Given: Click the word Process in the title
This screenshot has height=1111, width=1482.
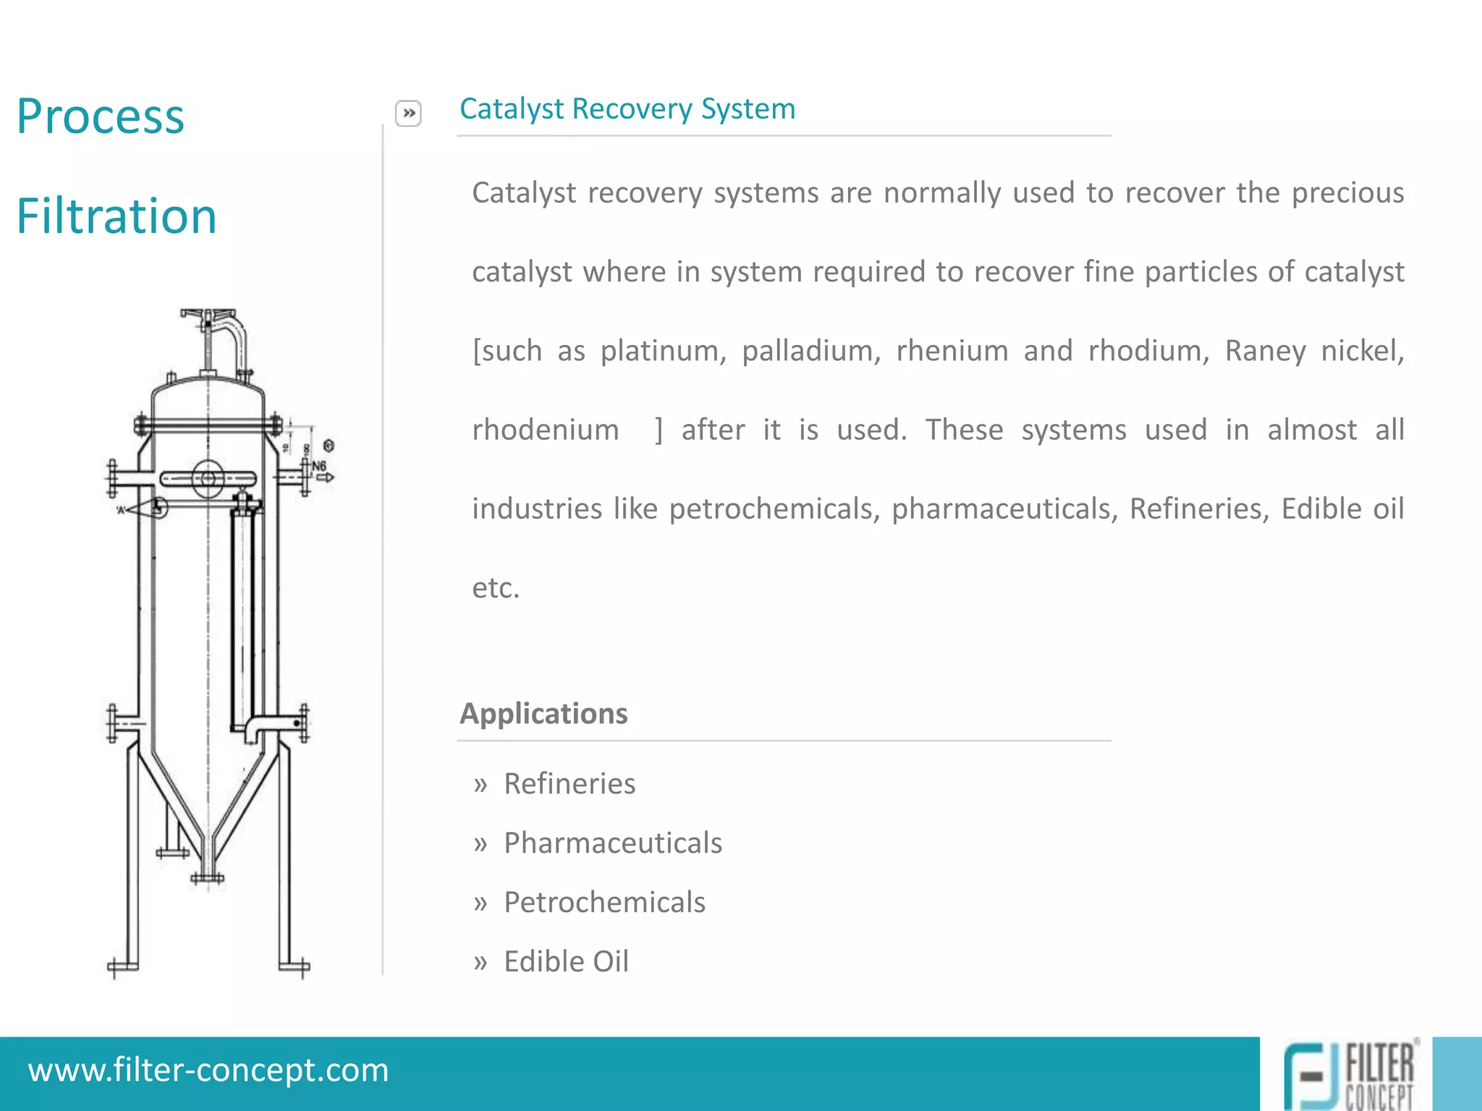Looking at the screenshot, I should (101, 116).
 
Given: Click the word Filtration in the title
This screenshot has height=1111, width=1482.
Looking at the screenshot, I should (117, 216).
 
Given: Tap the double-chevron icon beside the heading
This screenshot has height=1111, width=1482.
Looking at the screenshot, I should (408, 114).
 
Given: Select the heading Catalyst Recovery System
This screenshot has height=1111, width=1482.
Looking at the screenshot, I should (627, 109).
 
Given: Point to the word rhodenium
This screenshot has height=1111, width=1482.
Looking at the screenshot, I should (546, 430).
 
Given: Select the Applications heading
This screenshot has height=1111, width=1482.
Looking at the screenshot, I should (543, 714).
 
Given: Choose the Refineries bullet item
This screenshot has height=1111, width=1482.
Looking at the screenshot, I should (569, 784).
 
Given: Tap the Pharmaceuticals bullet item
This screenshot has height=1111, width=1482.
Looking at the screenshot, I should (613, 843).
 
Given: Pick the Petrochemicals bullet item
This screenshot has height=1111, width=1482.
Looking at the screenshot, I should (604, 903).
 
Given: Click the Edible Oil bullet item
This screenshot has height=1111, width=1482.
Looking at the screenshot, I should (566, 962).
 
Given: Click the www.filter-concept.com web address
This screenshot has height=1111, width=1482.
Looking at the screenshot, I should (208, 1070).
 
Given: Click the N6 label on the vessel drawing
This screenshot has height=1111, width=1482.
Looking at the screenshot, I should (319, 467).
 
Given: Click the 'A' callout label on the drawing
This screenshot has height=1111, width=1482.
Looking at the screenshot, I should (121, 511).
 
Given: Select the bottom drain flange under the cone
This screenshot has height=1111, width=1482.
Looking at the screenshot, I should (208, 879).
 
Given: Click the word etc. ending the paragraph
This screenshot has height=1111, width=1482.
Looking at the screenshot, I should (496, 588).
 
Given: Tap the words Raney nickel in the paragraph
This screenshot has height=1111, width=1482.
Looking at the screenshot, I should (1314, 351).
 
